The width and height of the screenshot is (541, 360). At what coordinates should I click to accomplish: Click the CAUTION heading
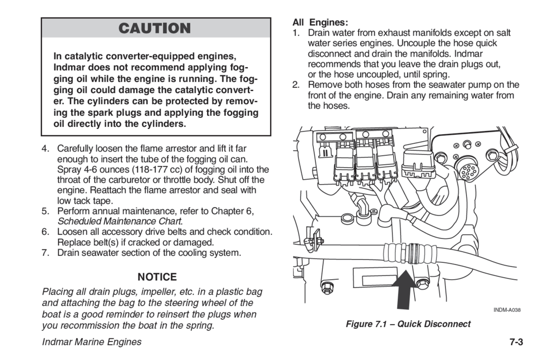tap(155, 29)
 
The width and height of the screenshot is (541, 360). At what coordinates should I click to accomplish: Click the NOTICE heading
tap(157, 277)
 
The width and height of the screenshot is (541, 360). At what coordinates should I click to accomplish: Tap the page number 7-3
tap(516, 342)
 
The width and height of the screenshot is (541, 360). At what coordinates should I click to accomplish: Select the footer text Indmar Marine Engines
tap(91, 342)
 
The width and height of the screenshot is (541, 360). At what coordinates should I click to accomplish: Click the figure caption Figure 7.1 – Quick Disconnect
tap(408, 324)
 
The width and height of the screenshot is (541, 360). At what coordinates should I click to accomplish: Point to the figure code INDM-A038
tap(507, 310)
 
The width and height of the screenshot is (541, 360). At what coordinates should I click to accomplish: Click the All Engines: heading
tap(320, 23)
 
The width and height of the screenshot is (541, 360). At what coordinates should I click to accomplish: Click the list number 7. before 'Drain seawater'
tap(45, 253)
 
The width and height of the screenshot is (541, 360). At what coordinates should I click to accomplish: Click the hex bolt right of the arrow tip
tap(422, 283)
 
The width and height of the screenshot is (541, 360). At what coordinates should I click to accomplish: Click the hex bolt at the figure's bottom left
tap(327, 289)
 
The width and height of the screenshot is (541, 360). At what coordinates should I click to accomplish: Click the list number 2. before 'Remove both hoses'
tap(296, 85)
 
